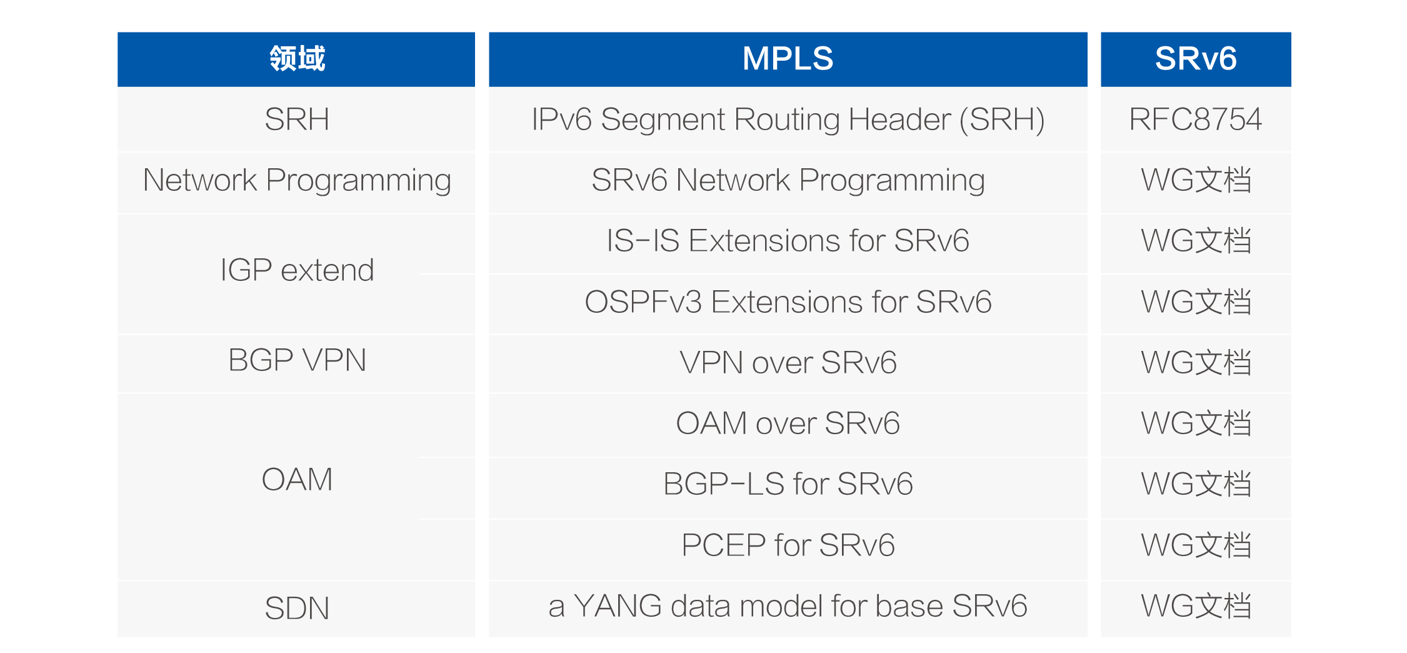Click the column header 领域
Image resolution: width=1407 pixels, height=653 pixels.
click(296, 59)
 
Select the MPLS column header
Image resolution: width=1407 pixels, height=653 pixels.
click(788, 59)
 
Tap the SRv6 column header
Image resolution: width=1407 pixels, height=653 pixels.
click(1195, 59)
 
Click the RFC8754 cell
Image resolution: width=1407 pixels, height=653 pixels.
click(1195, 119)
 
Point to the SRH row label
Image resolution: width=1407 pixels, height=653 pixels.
click(296, 119)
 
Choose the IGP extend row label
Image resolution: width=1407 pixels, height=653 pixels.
click(296, 270)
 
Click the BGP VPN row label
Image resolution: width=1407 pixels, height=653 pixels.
click(296, 360)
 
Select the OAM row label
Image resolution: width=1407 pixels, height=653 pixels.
click(296, 480)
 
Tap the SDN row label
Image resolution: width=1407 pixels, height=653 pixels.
click(296, 608)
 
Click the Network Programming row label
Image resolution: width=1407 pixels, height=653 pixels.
click(296, 180)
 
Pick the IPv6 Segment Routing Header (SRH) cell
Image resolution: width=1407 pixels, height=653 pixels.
click(788, 119)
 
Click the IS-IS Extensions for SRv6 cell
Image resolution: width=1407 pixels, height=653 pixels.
click(788, 241)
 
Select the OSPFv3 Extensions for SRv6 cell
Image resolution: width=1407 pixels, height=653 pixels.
click(788, 302)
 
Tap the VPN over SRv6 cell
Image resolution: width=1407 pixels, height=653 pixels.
click(788, 363)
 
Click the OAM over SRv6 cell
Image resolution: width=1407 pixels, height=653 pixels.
click(788, 423)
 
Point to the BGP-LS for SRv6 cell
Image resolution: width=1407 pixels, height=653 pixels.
click(788, 484)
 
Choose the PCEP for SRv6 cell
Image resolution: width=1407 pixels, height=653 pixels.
click(788, 545)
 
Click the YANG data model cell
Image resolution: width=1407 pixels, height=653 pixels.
click(788, 606)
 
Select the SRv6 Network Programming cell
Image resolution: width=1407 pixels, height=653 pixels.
click(788, 180)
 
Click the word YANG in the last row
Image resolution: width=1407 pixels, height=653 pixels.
click(618, 606)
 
